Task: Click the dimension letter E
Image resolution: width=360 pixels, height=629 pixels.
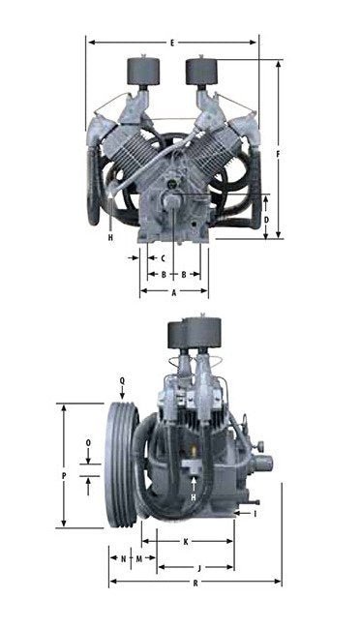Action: coord(171,43)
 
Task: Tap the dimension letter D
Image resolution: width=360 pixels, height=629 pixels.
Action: coord(266,220)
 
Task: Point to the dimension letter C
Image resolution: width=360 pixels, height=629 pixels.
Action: coord(163,258)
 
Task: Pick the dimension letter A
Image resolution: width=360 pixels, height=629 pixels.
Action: coord(173,291)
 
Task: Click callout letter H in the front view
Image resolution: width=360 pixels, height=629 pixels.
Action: coord(111,237)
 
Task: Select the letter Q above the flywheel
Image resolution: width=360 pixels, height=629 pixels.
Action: coord(122,380)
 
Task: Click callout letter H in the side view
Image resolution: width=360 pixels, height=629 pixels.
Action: coord(195,496)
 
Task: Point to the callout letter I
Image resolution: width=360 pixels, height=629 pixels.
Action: coord(255,514)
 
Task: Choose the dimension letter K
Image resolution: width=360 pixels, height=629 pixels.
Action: coord(185,541)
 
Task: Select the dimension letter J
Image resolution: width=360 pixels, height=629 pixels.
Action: coord(198,566)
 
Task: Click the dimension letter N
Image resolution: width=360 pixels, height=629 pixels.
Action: coord(124,559)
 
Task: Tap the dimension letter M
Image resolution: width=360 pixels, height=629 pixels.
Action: coord(139,559)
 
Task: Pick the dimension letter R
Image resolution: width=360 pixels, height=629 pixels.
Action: coord(195,583)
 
